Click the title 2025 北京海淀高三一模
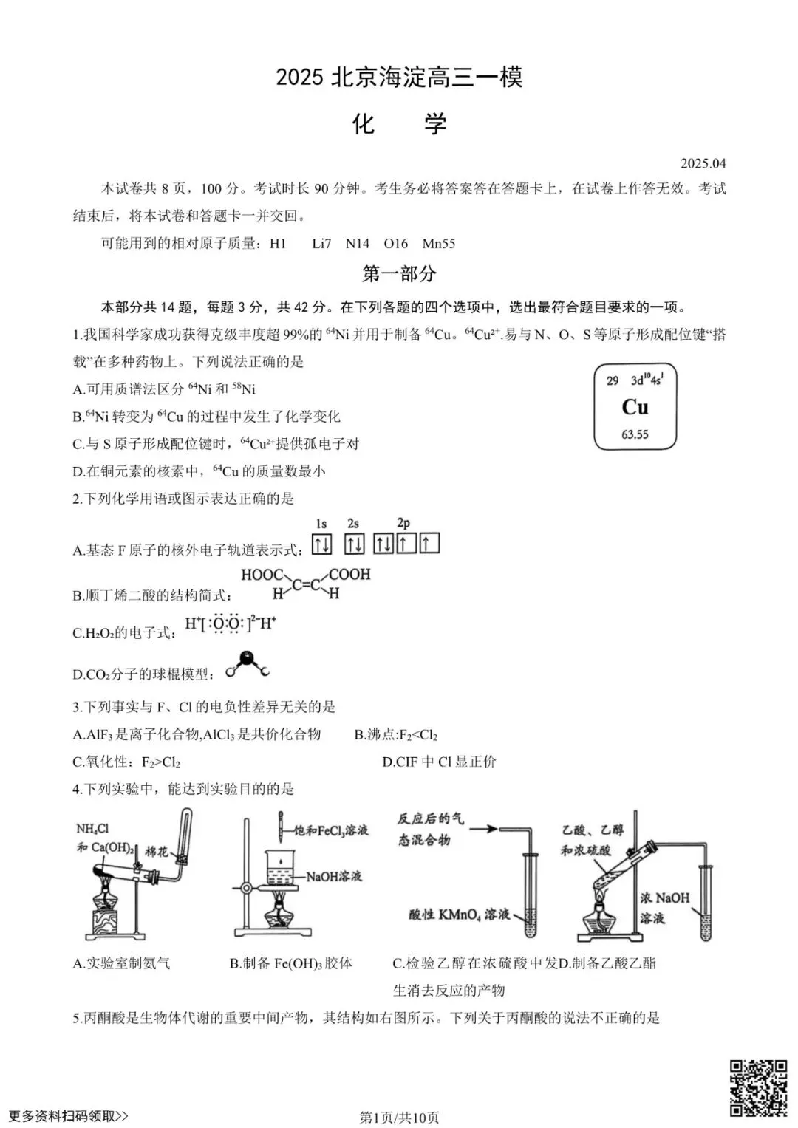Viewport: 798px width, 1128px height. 399,78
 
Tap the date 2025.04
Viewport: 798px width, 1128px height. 703,163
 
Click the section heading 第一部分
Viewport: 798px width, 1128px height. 399,274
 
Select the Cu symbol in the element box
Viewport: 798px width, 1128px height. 635,407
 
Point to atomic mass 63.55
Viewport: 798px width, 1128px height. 635,434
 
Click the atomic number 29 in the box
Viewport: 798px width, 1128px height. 613,381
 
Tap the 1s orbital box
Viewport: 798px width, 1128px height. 321,544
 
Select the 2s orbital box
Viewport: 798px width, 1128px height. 355,544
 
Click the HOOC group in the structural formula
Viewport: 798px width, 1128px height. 262,575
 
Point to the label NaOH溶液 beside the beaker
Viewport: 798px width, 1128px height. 334,876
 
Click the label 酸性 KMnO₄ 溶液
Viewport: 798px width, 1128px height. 459,915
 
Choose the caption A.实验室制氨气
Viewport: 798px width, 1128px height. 122,963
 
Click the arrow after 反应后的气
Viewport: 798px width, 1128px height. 483,829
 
